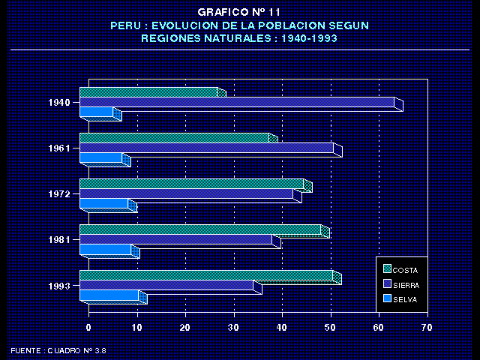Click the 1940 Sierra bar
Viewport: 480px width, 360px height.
236,102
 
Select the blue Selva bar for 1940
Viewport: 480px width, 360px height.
96,112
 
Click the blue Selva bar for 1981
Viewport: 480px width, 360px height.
105,249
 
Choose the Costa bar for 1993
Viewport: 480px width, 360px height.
205,275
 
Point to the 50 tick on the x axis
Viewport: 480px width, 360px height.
331,328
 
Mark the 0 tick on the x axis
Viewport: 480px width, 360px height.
88,328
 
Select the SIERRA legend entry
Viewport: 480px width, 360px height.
406,284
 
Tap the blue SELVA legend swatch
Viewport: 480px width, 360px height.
387,298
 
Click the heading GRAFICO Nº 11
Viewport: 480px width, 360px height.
239,12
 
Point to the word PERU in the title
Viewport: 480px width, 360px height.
124,25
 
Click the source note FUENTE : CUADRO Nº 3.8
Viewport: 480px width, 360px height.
58,350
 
